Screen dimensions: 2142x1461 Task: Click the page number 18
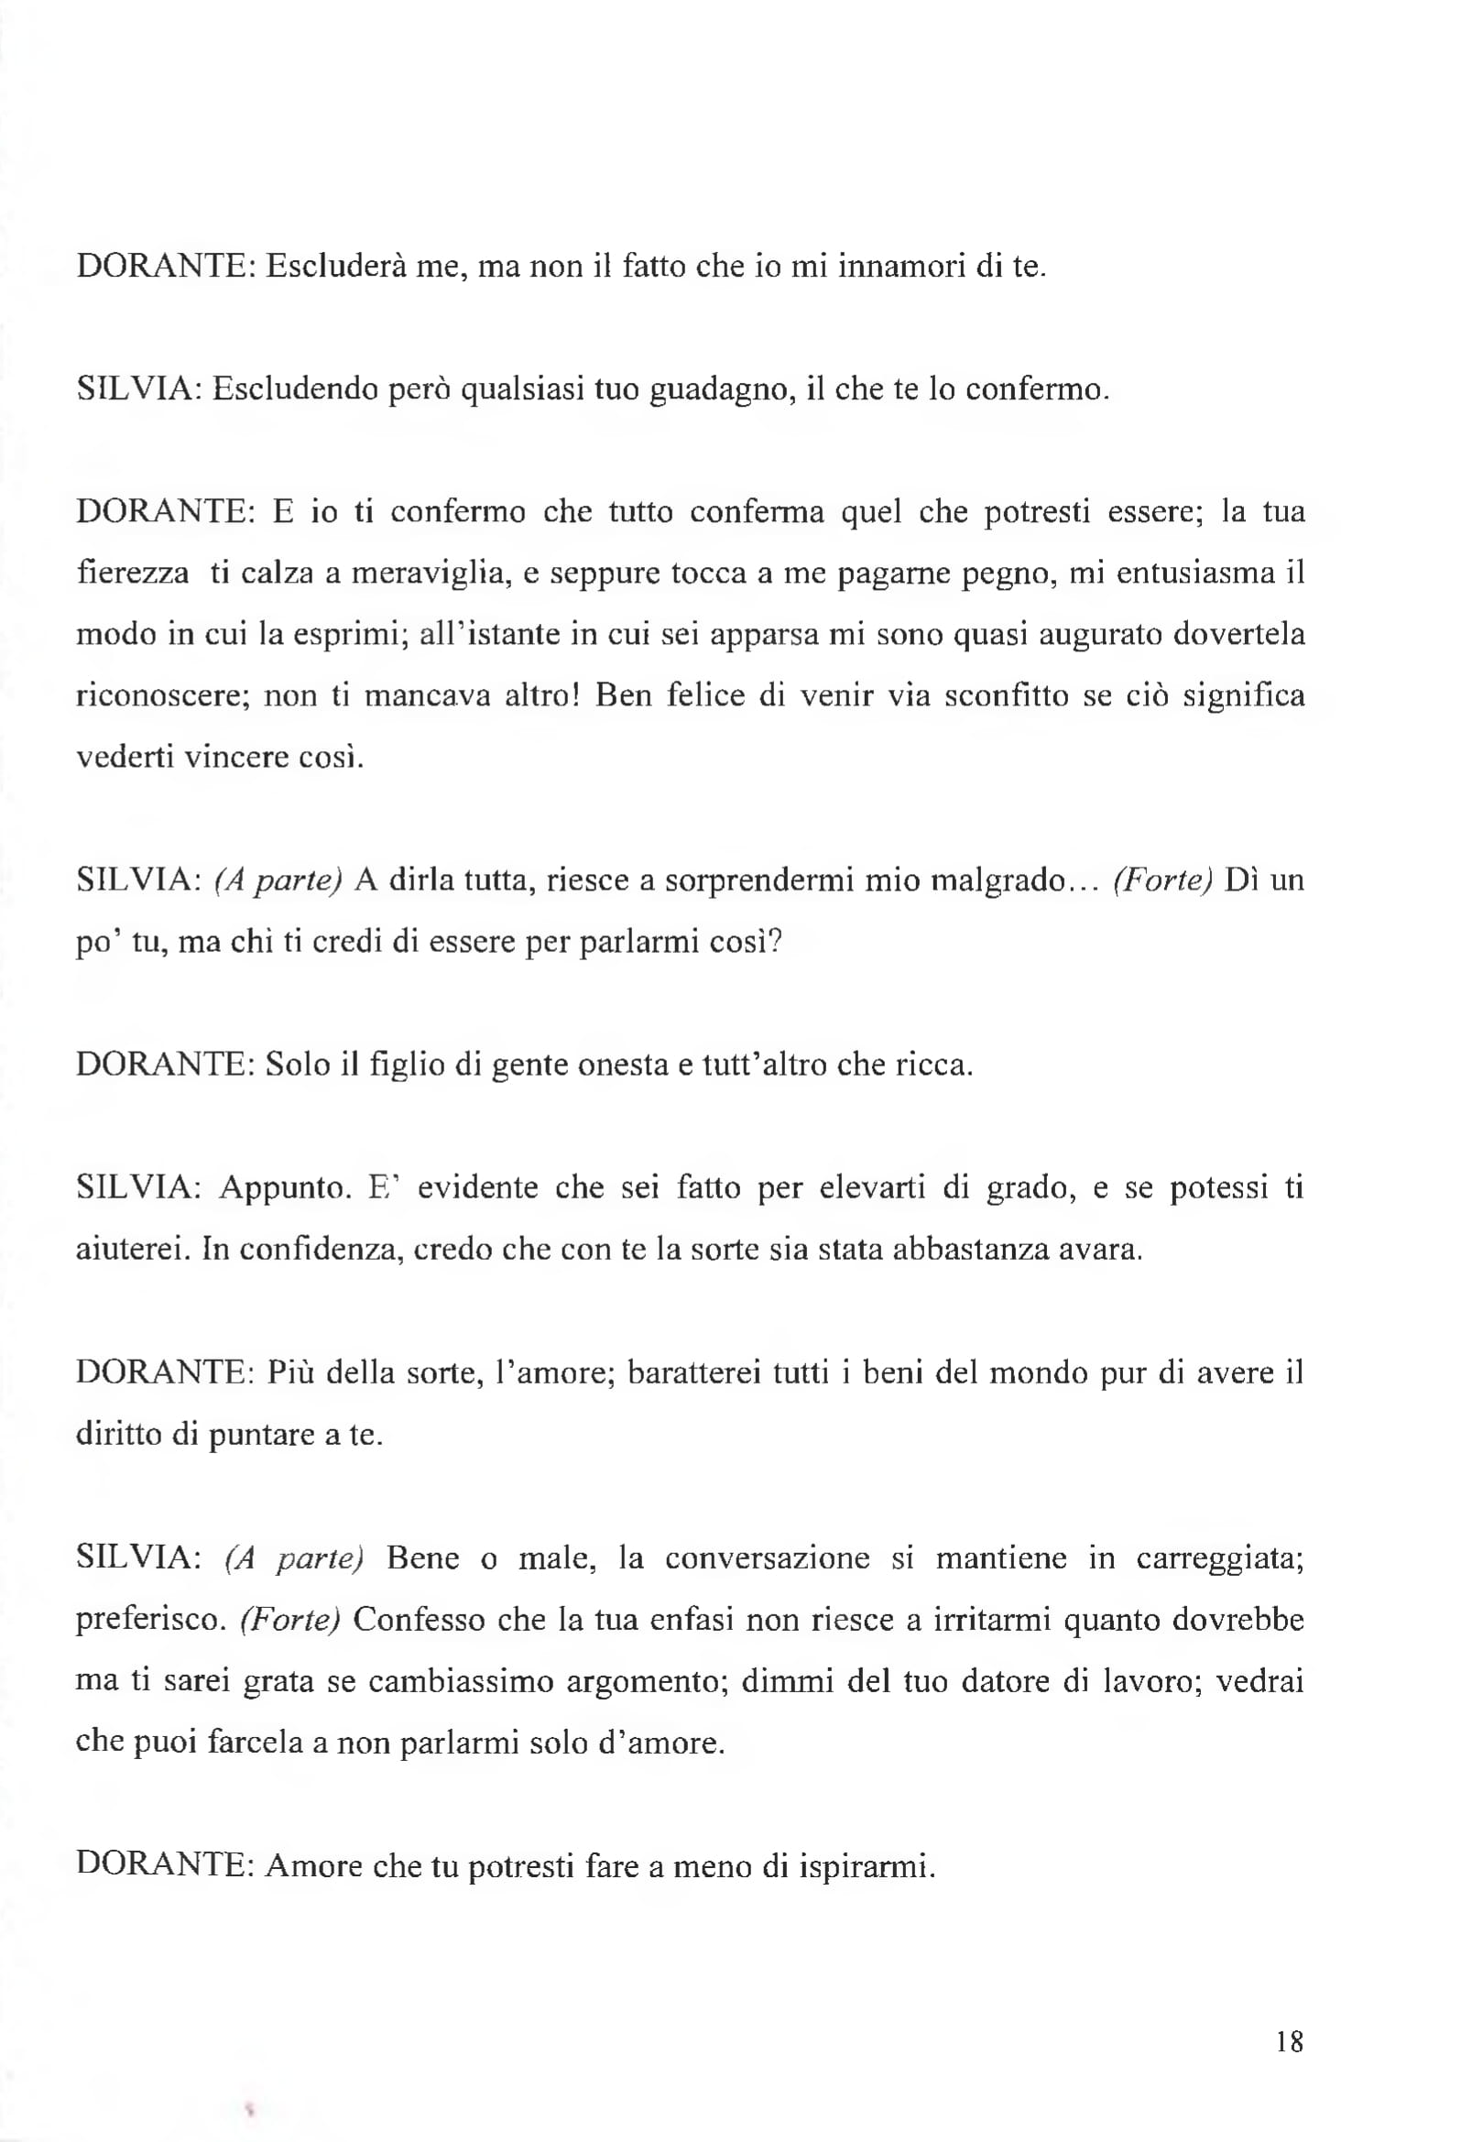click(1290, 2041)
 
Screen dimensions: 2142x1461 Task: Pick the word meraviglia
click(431, 574)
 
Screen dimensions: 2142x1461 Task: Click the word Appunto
click(285, 1188)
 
